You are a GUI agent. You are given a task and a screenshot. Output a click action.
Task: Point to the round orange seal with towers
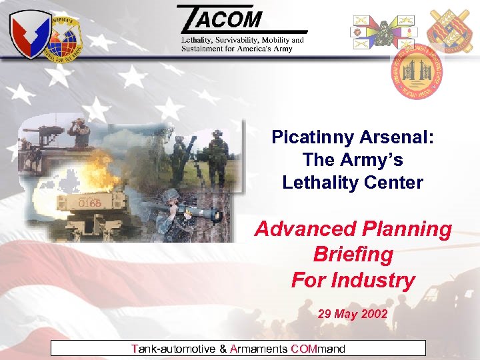coord(416,71)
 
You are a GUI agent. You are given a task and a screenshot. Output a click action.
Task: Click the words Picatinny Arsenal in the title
coord(353,137)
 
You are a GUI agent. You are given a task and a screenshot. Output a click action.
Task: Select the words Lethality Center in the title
coord(353,182)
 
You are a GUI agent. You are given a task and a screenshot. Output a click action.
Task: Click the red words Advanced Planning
coord(353,229)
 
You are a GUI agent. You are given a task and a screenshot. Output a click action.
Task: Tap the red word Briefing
coord(353,255)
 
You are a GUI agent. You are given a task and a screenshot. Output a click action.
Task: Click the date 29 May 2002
coord(353,313)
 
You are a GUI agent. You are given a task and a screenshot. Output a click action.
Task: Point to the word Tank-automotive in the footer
coord(173,348)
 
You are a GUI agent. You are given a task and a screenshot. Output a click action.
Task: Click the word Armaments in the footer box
coord(259,348)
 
